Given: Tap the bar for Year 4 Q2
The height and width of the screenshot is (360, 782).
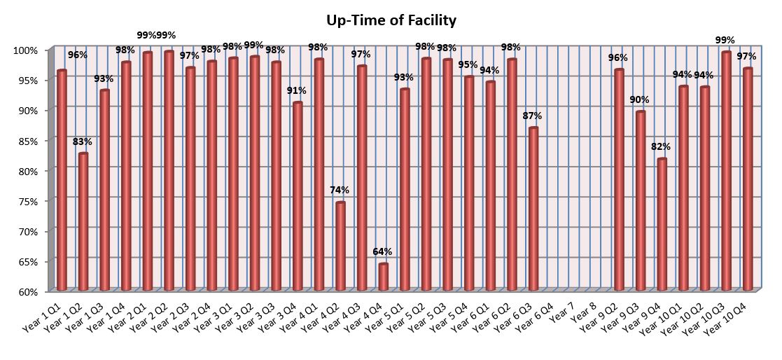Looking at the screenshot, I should coord(340,246).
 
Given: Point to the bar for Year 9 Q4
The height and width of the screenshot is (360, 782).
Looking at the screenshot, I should coord(662,224).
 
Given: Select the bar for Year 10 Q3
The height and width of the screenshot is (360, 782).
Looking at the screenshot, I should coord(726,171).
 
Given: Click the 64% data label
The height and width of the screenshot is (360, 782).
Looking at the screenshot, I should coord(382,251).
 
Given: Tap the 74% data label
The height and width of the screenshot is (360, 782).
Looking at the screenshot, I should coord(340,190).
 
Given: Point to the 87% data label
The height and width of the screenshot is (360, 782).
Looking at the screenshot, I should coord(533,116).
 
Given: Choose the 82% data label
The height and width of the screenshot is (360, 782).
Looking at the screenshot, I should coord(662,146).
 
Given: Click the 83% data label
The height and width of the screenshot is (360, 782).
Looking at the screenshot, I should coord(83,141).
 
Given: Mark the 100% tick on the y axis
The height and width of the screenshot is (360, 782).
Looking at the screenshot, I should coord(29,50).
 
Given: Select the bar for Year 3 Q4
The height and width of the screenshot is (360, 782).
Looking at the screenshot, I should coord(298,196).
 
